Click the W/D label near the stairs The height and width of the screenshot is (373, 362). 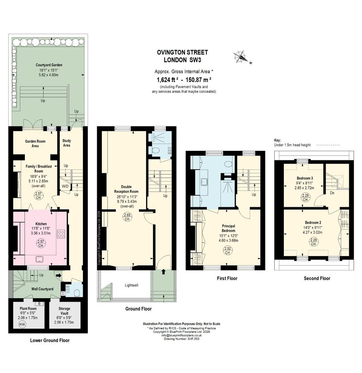click(x=65, y=186)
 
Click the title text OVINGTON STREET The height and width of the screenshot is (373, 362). click(x=182, y=53)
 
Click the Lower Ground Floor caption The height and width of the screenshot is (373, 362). click(x=50, y=340)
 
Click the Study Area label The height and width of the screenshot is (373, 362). click(x=67, y=143)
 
